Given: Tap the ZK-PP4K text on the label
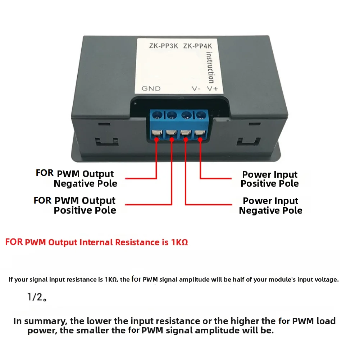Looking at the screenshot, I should [x=199, y=46].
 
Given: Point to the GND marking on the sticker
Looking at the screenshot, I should [x=151, y=88].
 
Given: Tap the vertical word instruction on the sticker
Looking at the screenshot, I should [x=210, y=67].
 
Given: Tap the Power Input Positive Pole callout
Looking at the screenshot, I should [x=270, y=179].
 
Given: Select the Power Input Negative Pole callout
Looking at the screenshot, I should [x=270, y=206].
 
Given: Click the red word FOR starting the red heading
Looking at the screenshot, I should [x=14, y=242].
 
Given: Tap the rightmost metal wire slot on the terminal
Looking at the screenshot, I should [x=199, y=134].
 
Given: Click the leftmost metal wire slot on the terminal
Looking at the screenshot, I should [x=156, y=134].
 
